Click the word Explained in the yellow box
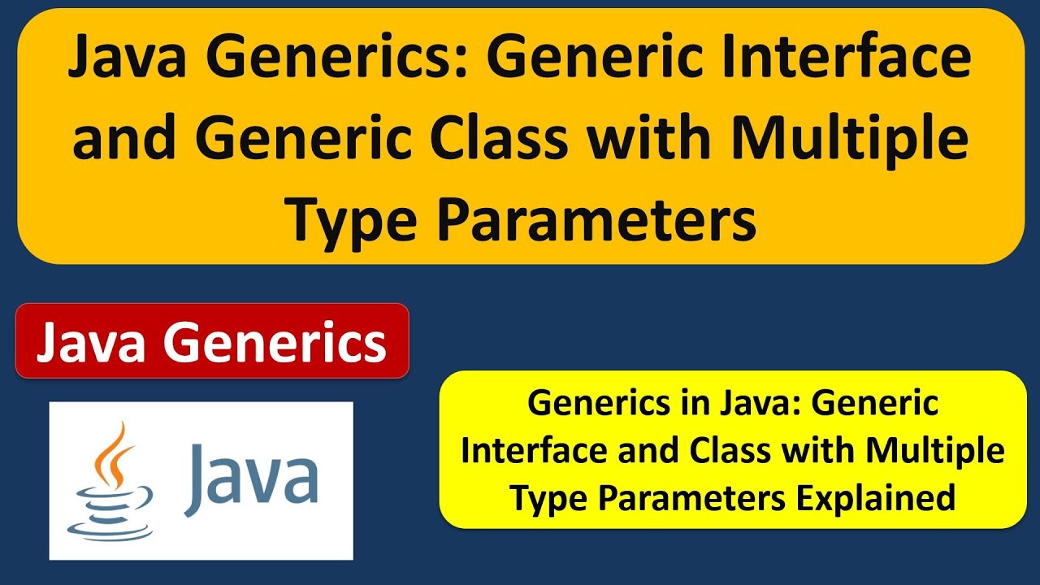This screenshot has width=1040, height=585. (876, 497)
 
